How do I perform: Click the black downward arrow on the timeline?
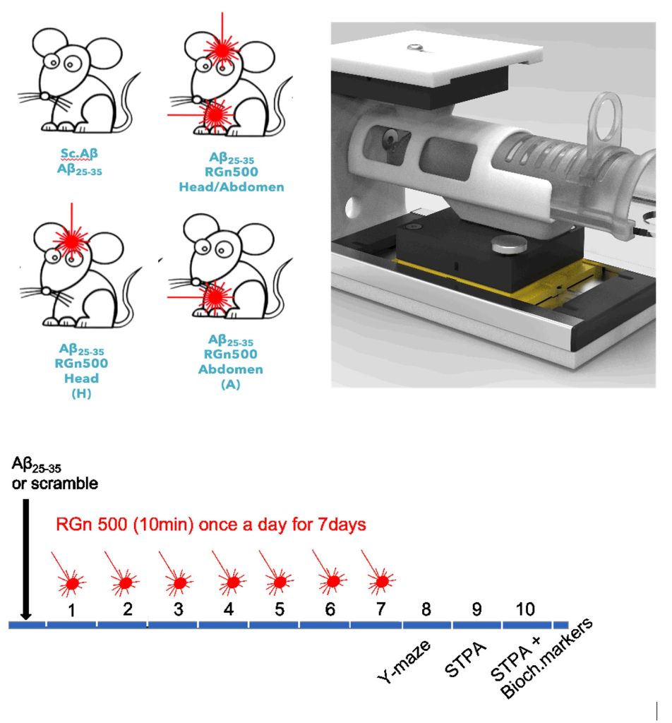click(26, 558)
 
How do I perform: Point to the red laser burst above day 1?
click(72, 582)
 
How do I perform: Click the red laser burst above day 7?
click(380, 580)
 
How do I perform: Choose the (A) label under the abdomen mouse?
click(222, 385)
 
